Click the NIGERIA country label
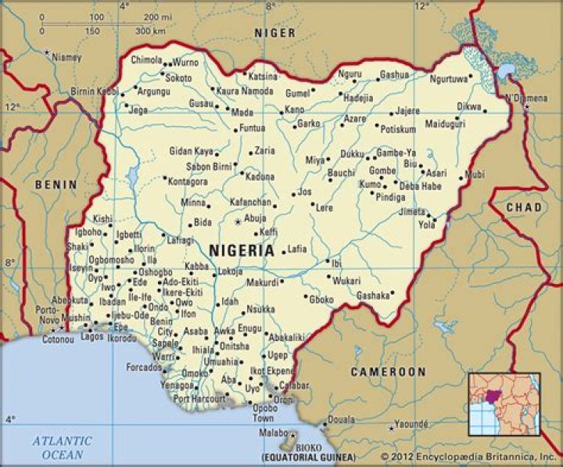pyautogui.click(x=242, y=251)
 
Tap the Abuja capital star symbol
pyautogui.click(x=238, y=222)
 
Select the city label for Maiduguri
pyautogui.click(x=445, y=124)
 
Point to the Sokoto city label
pyautogui.click(x=178, y=78)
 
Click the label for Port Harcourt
pyautogui.click(x=199, y=398)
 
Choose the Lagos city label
pyautogui.click(x=91, y=337)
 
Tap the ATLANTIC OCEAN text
pyautogui.click(x=61, y=447)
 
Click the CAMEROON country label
pyautogui.click(x=388, y=372)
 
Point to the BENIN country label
pyautogui.click(x=56, y=185)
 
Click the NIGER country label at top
pyautogui.click(x=274, y=33)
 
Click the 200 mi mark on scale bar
pyautogui.click(x=163, y=16)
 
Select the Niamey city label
pyautogui.click(x=66, y=57)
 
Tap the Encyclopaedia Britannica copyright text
pyautogui.click(x=468, y=456)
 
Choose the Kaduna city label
pyautogui.click(x=259, y=177)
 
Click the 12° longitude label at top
pyautogui.click(x=422, y=6)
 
